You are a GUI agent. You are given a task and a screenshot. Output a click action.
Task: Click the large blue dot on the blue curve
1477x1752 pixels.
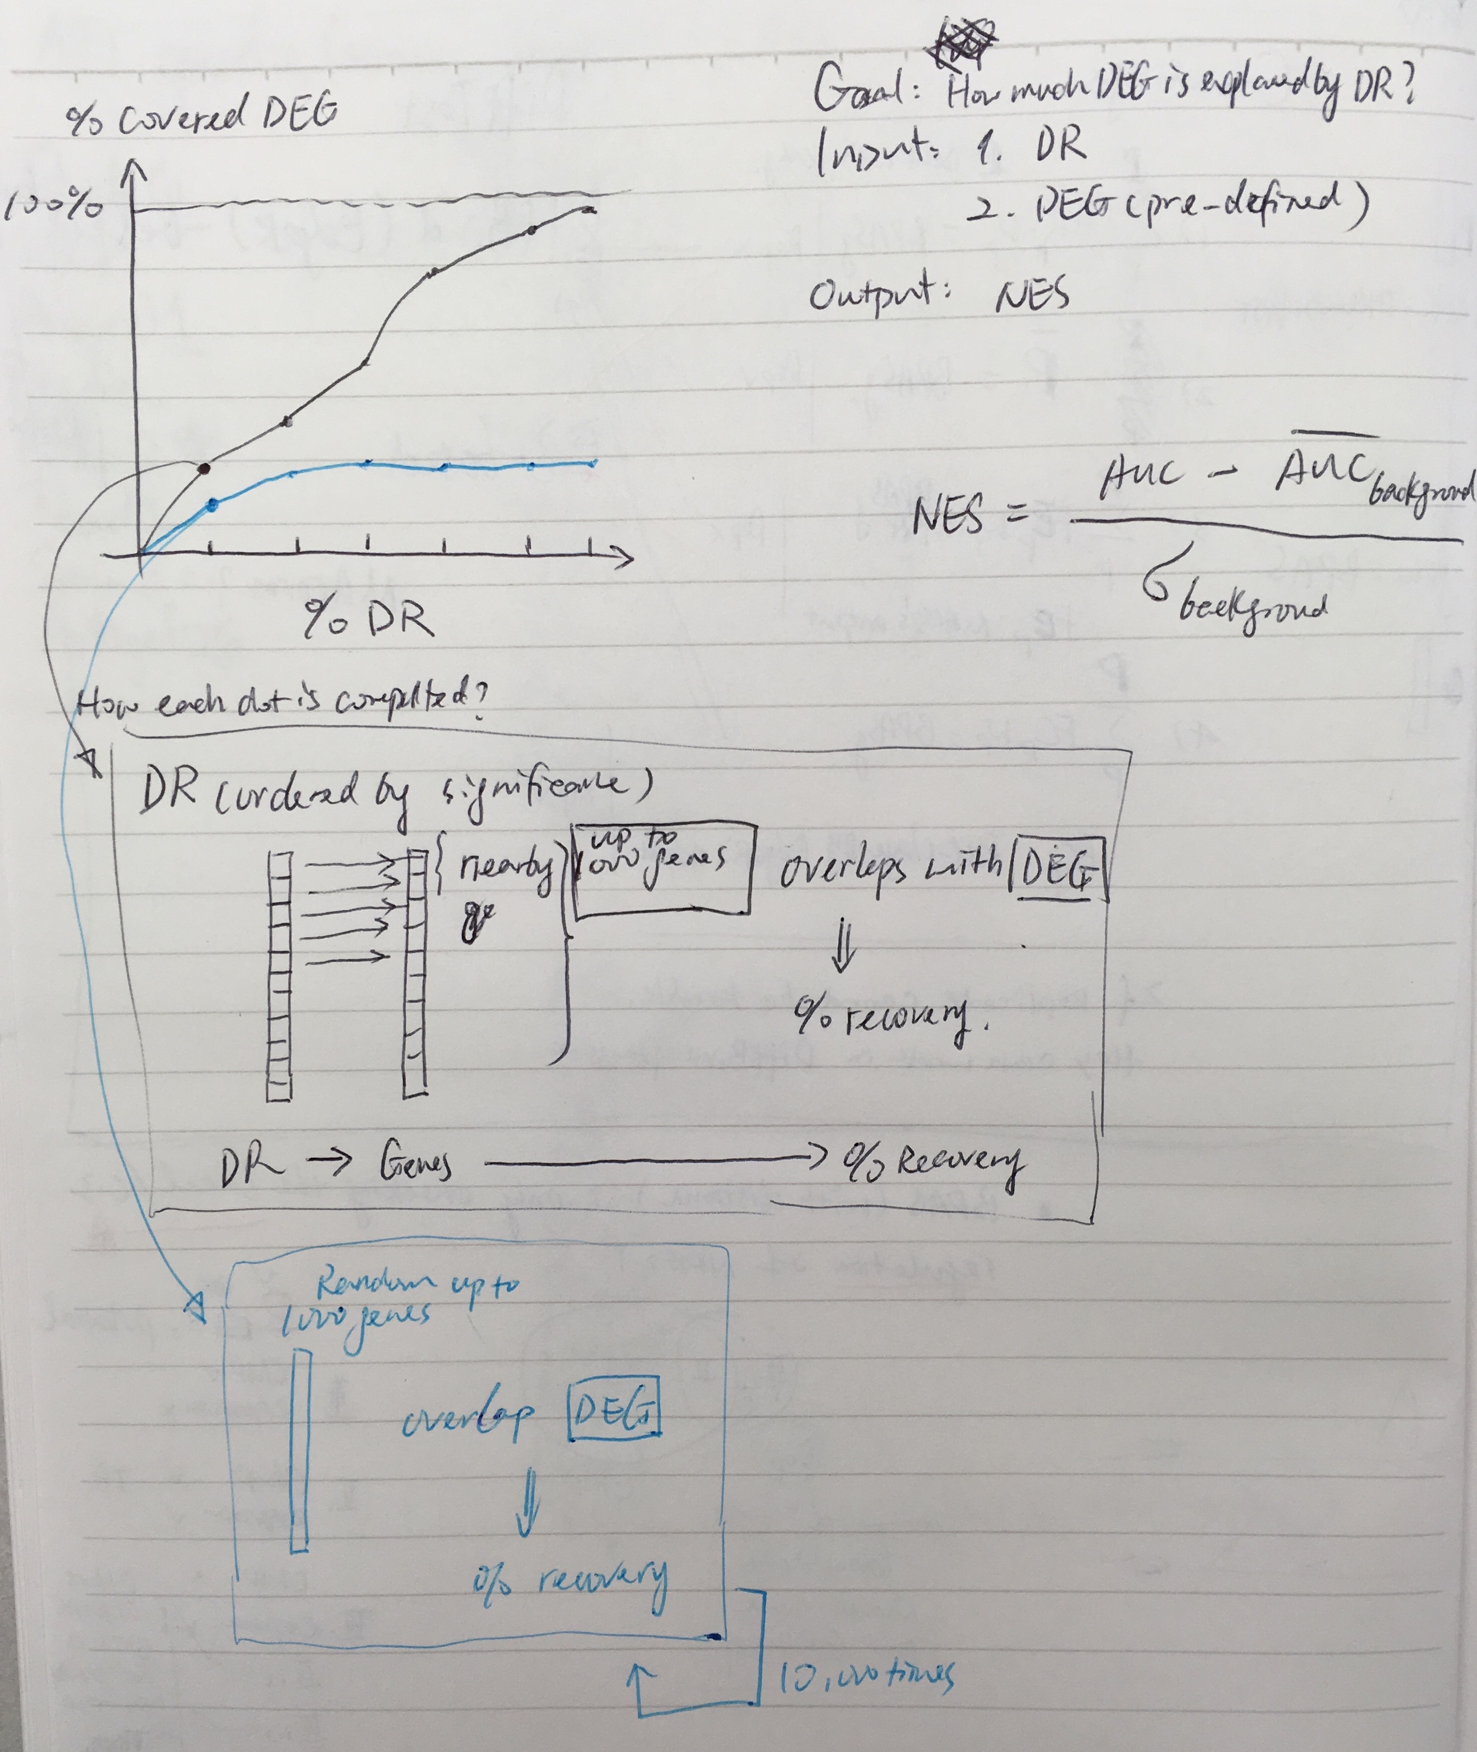(x=212, y=504)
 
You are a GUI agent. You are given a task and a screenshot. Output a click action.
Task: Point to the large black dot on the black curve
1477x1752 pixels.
(x=206, y=468)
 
